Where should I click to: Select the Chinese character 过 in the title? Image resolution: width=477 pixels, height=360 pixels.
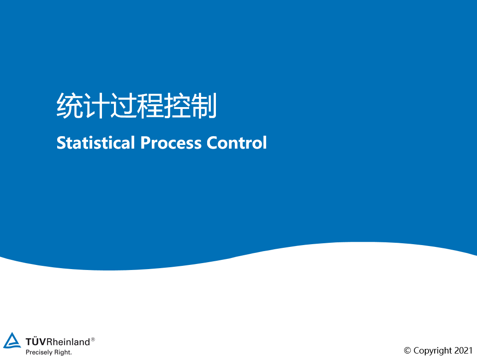tap(123, 106)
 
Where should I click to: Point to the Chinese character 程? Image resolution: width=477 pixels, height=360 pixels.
tap(150, 106)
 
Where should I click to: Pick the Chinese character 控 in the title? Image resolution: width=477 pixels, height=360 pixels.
tap(177, 106)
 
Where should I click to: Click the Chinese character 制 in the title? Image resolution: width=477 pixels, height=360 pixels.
tap(203, 106)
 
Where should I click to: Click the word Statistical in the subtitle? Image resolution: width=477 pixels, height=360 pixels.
tap(96, 143)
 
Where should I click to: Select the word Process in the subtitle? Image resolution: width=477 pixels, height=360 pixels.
tap(171, 143)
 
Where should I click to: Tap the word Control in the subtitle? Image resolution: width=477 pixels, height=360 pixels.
tap(237, 143)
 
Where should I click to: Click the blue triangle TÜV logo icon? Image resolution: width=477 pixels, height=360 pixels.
tap(12, 341)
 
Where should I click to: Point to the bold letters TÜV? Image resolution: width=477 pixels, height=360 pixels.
tap(36, 342)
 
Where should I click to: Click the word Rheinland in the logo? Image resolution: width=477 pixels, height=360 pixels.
tap(68, 342)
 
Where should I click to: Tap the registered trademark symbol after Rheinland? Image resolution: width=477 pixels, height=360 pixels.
tap(93, 339)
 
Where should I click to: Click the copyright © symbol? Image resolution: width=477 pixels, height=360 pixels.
tap(407, 351)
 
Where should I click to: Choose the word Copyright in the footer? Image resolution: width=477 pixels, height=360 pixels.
tap(433, 351)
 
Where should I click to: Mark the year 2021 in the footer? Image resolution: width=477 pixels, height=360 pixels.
tap(463, 351)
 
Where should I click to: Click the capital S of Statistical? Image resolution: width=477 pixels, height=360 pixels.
tap(61, 143)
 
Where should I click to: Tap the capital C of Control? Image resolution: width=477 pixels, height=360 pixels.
tap(212, 143)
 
